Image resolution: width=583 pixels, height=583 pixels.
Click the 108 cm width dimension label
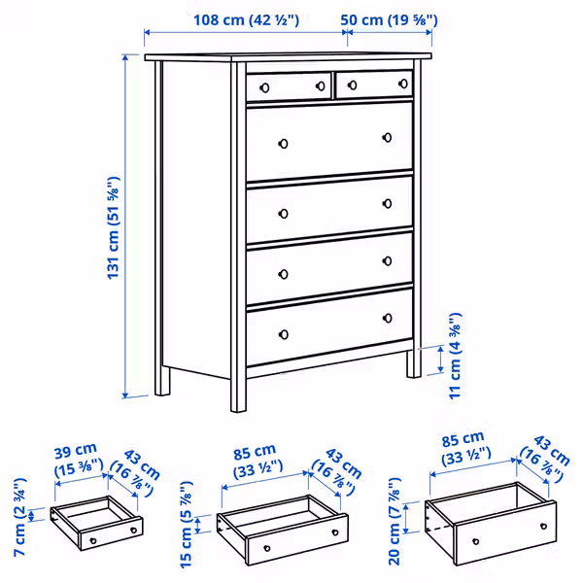pyautogui.click(x=245, y=18)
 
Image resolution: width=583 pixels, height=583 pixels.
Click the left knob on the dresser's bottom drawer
pyautogui.click(x=284, y=334)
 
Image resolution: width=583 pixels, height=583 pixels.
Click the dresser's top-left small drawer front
pyautogui.click(x=289, y=86)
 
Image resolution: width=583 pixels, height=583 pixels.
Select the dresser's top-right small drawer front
pyautogui.click(x=373, y=86)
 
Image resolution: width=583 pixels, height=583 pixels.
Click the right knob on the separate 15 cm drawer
pyautogui.click(x=334, y=533)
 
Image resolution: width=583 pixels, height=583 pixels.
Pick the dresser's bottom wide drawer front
pyautogui.click(x=330, y=326)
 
